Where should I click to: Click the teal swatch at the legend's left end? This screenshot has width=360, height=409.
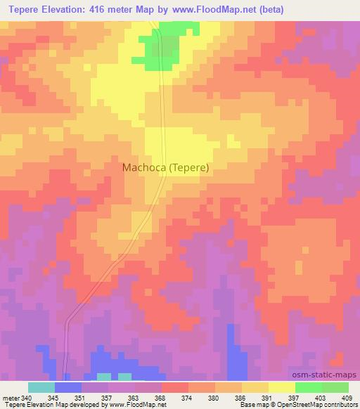pyautogui.click(x=41, y=387)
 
